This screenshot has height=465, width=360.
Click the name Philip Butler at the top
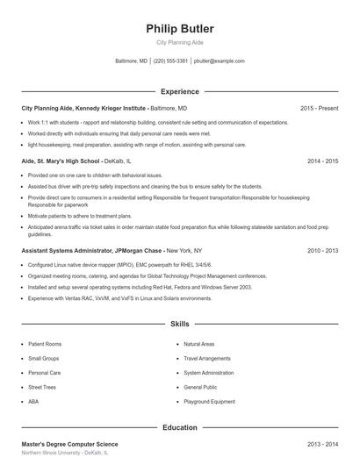point(179,29)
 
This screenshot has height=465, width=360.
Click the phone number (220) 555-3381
point(170,61)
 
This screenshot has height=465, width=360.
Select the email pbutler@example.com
point(219,61)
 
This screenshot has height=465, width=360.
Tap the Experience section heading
point(179,91)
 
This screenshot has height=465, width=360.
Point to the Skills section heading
point(179,324)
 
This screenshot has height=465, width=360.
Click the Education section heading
point(179,427)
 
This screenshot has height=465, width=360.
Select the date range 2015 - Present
point(319,108)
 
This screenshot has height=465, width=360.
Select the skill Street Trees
point(42,387)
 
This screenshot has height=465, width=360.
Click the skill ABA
point(33,401)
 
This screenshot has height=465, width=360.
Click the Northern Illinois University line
point(66,454)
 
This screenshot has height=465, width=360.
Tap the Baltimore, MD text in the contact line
point(132,61)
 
